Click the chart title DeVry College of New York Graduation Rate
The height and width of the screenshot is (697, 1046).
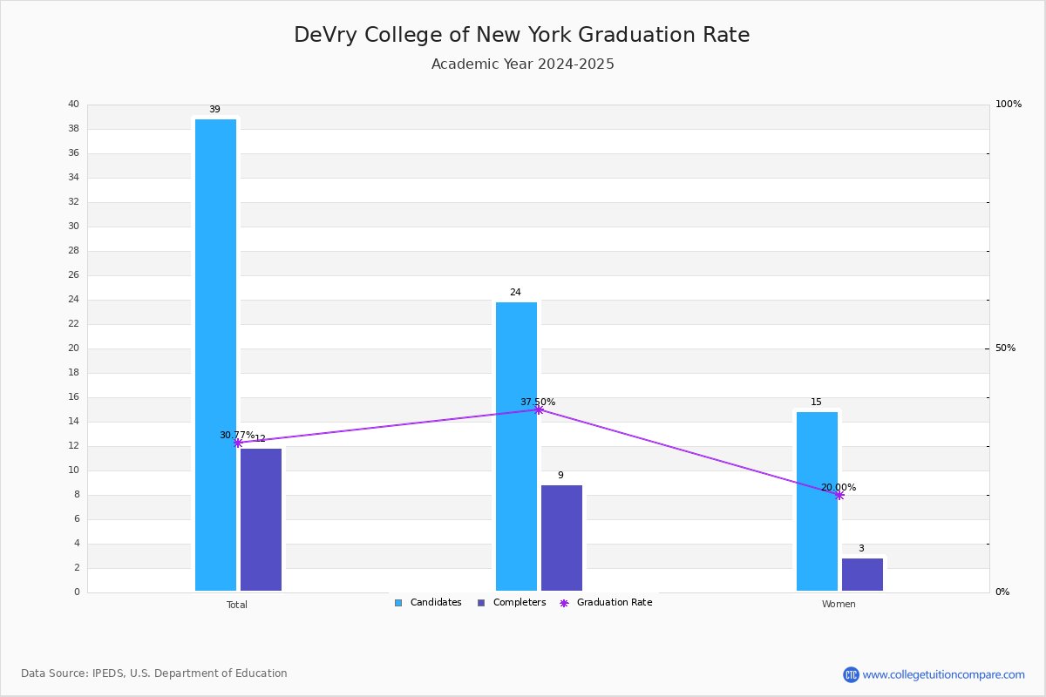click(x=521, y=35)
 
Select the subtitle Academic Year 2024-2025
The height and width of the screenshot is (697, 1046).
click(x=522, y=64)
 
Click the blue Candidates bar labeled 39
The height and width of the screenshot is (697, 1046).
click(x=216, y=355)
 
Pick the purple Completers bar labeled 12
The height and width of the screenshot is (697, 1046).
click(x=261, y=519)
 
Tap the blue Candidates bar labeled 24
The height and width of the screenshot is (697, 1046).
click(x=516, y=446)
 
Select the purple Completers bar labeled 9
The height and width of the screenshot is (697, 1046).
click(x=561, y=538)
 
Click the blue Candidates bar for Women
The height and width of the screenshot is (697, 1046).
click(x=818, y=501)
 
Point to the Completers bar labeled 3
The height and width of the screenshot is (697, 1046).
click(x=862, y=574)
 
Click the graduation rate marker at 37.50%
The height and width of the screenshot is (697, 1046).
click(x=539, y=409)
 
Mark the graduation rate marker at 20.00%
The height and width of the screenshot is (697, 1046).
click(x=839, y=496)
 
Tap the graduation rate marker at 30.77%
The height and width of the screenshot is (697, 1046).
click(x=238, y=443)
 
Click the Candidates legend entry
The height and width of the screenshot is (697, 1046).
click(x=428, y=603)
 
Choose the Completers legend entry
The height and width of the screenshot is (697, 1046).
click(x=512, y=603)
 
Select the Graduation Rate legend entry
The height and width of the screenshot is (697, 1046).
click(x=606, y=603)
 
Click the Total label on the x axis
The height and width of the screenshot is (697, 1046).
click(x=237, y=605)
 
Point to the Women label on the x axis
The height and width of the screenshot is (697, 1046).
click(x=839, y=604)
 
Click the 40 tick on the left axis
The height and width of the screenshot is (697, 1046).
click(x=74, y=104)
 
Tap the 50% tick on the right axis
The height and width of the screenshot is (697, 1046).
click(x=1005, y=348)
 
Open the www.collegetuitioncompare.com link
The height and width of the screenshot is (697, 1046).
click(x=943, y=674)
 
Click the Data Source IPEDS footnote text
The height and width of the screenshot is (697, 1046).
click(x=154, y=673)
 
